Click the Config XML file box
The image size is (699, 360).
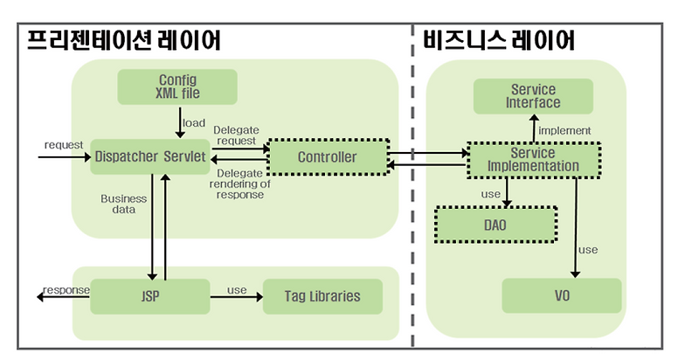(176, 87)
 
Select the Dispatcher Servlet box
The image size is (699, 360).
(149, 157)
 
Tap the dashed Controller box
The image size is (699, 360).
(327, 157)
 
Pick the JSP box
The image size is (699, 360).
(149, 295)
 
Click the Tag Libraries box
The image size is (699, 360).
(323, 295)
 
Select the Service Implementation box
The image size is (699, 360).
(533, 159)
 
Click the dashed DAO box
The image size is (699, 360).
(495, 225)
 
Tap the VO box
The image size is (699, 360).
(561, 295)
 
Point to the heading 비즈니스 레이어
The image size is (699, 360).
(499, 40)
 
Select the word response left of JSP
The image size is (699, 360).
(66, 289)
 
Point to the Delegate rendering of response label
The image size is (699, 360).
(238, 183)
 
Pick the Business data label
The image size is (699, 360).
(123, 204)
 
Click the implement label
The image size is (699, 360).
(565, 130)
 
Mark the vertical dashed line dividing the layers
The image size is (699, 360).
(412, 192)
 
